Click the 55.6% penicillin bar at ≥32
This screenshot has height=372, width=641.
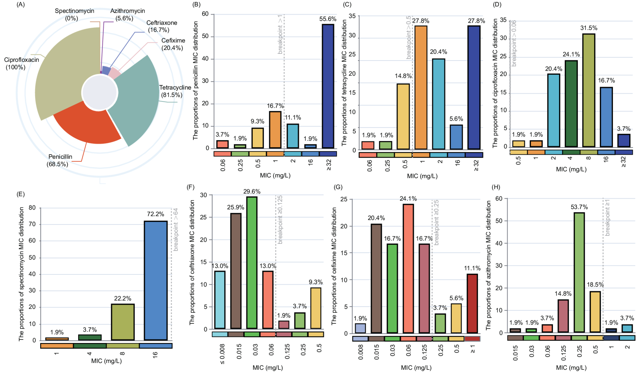point(328,86)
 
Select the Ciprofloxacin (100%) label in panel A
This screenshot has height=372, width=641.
point(21,63)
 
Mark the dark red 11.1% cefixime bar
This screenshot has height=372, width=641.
point(472,303)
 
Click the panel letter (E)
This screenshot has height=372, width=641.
point(20,194)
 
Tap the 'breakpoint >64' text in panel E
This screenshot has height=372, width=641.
point(176,229)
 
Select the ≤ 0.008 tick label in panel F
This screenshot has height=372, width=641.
point(222,353)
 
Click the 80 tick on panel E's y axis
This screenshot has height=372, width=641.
point(32,208)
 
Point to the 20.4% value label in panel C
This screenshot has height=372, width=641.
point(438,52)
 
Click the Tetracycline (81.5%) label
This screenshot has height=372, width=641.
point(175,91)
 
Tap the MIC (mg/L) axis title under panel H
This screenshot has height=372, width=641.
point(571,368)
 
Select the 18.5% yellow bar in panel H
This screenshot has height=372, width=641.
point(595,311)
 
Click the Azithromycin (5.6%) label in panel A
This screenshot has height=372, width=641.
point(127,14)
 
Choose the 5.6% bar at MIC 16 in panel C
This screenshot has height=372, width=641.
point(456,137)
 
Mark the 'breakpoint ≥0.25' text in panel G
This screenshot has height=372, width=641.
point(436,222)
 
